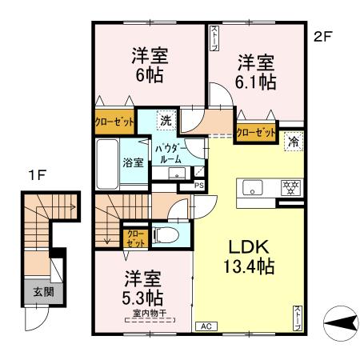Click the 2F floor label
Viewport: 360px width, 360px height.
click(x=322, y=35)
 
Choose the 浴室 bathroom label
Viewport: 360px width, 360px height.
click(x=133, y=162)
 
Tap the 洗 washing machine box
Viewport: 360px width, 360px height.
click(x=165, y=121)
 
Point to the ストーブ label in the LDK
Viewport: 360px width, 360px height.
click(x=298, y=314)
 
